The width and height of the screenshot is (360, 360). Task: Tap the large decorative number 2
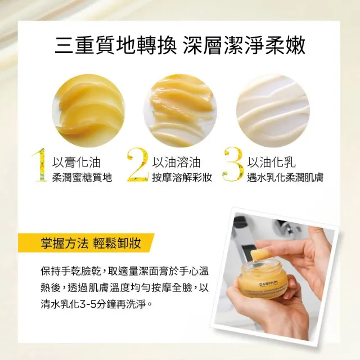(137, 165)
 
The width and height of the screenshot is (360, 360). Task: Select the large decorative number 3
(233, 165)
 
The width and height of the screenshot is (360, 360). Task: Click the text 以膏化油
(76, 163)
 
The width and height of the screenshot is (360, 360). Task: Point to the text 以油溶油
(176, 163)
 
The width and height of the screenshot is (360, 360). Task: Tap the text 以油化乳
(271, 163)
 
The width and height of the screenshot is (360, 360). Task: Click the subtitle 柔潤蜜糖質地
(82, 178)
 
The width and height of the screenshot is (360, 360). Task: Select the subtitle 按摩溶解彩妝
(182, 178)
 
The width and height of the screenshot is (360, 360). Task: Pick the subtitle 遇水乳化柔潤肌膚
(285, 178)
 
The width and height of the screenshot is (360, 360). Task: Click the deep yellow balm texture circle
(88, 111)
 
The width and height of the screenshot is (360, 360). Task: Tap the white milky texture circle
(273, 111)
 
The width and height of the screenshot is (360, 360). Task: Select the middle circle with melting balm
(181, 111)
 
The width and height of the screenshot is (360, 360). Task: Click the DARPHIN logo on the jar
(269, 283)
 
